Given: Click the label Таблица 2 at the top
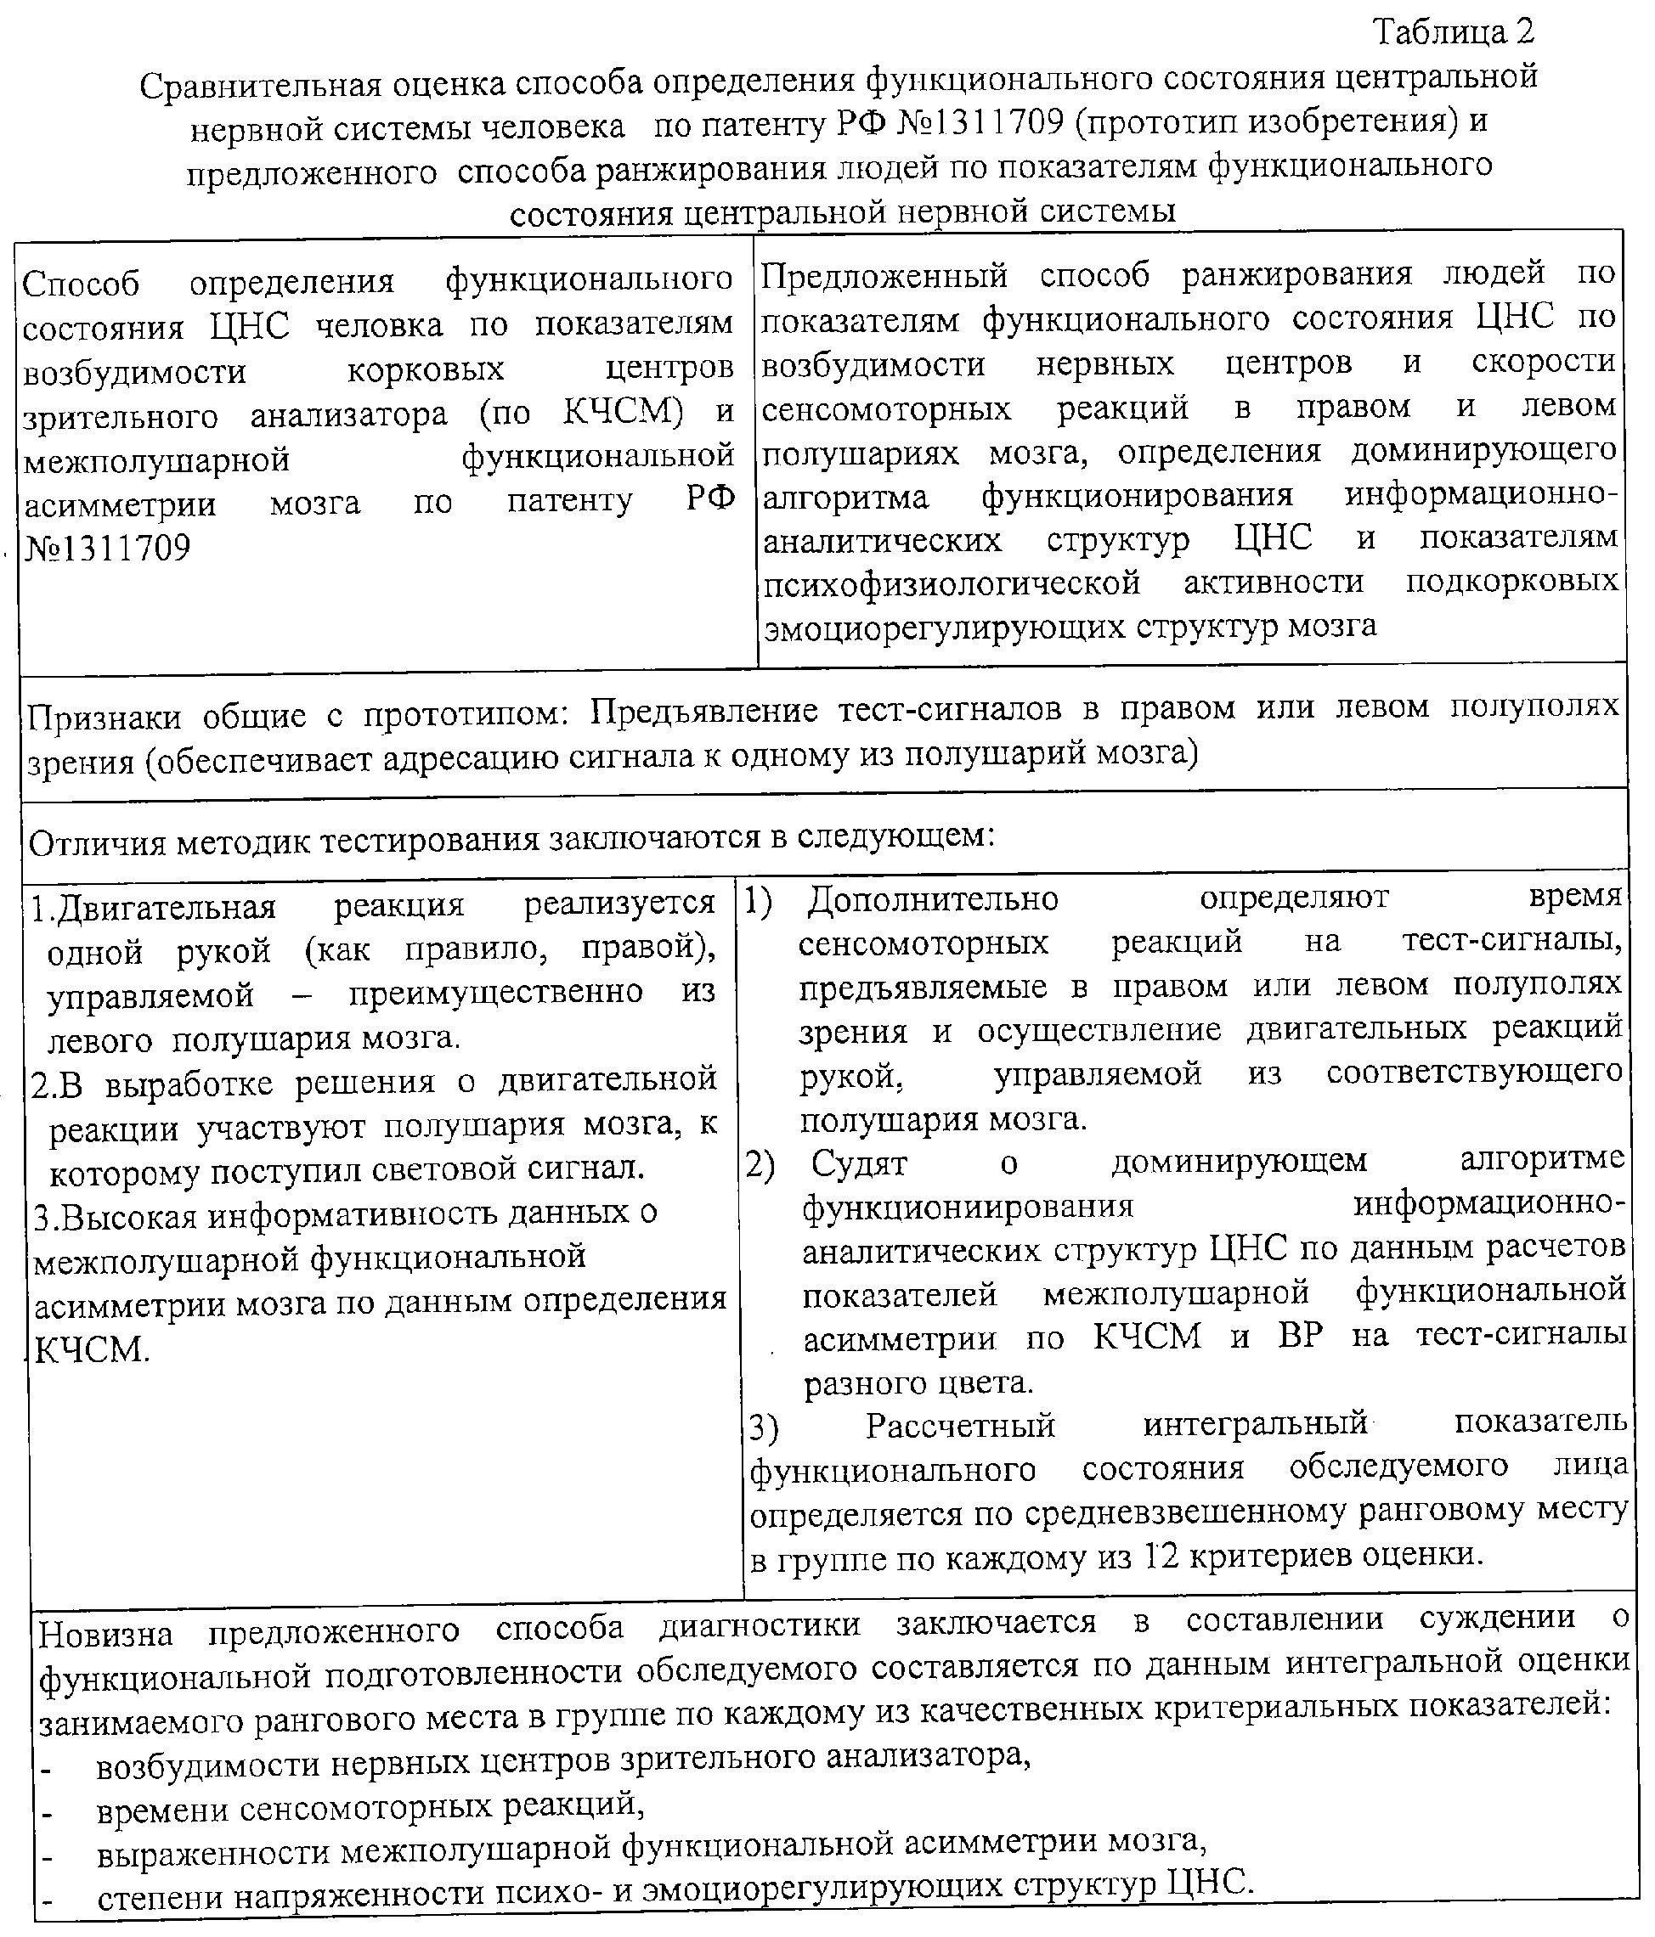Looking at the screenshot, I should click(1454, 33).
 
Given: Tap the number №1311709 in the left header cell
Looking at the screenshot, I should click(106, 548).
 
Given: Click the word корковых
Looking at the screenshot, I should click(426, 369).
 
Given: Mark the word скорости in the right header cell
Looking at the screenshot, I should click(1544, 362).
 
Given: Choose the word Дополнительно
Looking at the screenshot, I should click(933, 899).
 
